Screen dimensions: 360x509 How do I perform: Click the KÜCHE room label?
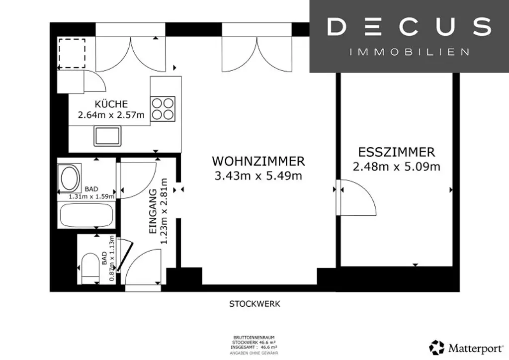111,104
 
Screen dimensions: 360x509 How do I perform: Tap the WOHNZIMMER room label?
258,161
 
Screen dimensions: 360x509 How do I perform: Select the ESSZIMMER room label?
397,152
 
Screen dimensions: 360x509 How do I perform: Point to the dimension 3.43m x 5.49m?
258,176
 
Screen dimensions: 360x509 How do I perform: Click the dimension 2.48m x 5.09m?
397,167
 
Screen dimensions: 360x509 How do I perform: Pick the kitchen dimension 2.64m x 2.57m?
111,115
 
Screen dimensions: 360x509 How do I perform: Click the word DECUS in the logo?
409,27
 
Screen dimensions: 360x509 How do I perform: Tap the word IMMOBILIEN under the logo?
409,52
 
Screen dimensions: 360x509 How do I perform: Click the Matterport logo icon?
437,348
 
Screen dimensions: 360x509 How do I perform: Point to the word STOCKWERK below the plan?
254,303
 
